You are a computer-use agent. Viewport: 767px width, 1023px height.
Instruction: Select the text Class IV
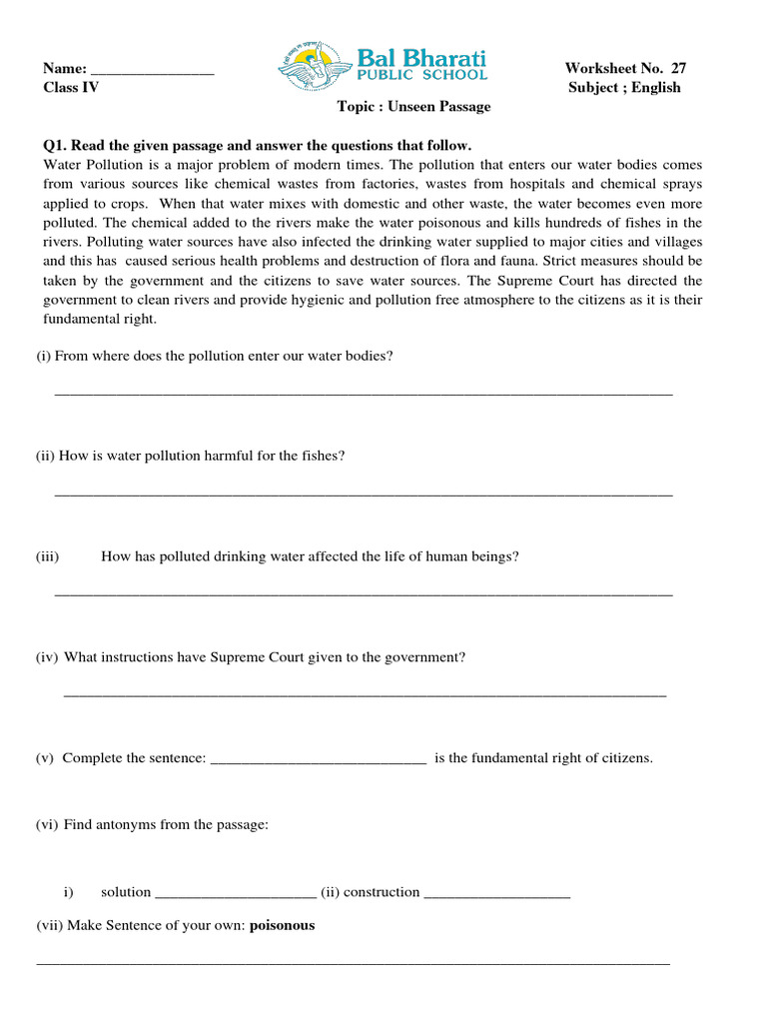click(71, 87)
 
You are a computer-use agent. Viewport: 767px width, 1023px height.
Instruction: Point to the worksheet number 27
click(678, 68)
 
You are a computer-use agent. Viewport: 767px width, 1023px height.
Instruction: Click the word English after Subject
click(655, 87)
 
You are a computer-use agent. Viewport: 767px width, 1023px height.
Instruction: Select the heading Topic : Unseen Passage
click(413, 107)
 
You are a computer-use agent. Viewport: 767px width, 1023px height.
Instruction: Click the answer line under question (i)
click(363, 394)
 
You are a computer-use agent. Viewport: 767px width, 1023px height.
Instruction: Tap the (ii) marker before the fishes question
click(45, 456)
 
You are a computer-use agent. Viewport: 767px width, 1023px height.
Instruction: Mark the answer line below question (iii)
click(363, 594)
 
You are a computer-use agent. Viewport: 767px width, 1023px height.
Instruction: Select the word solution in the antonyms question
click(126, 892)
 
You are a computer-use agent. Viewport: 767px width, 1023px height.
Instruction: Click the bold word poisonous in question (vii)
click(282, 925)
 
